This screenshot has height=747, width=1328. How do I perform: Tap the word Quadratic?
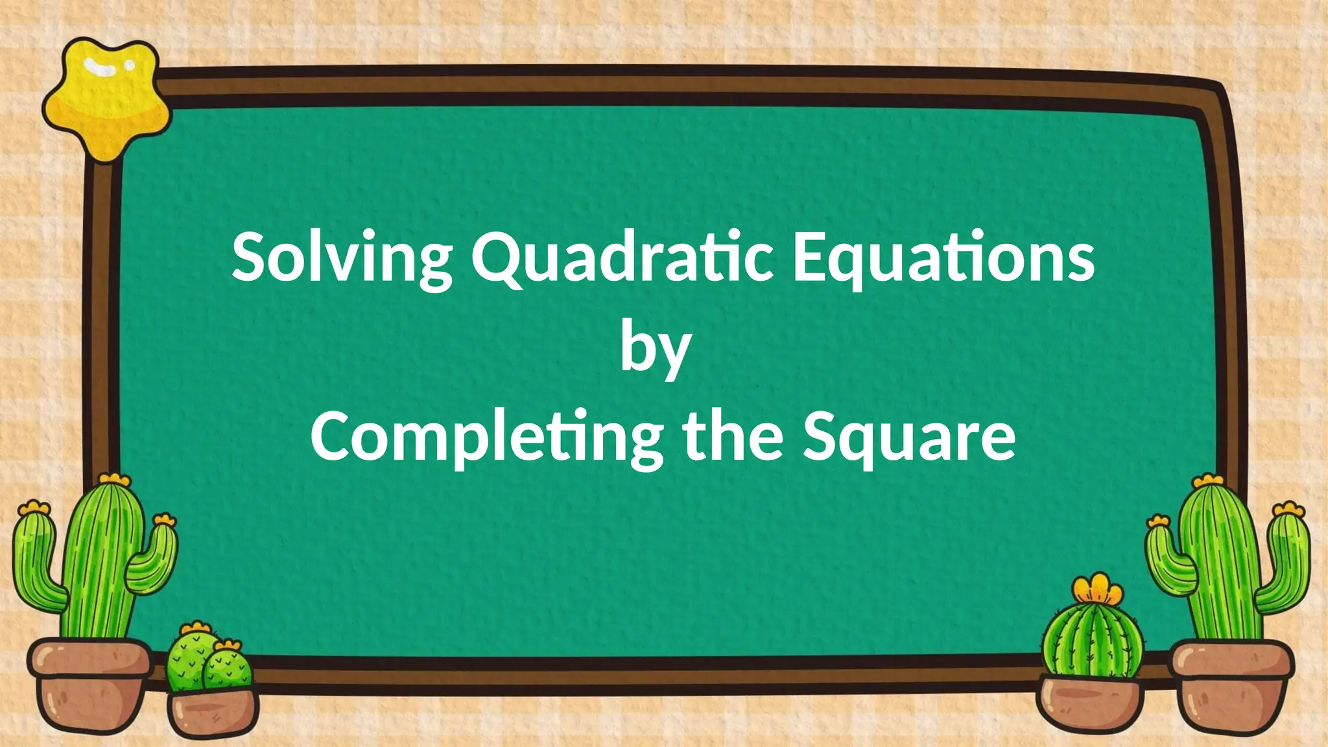pyautogui.click(x=622, y=258)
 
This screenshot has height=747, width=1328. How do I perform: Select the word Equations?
pyautogui.click(x=944, y=258)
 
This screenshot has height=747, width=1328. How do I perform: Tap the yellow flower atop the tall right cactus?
pyautogui.click(x=1207, y=481)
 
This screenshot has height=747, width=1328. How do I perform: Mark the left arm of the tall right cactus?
pyautogui.click(x=1167, y=558)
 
